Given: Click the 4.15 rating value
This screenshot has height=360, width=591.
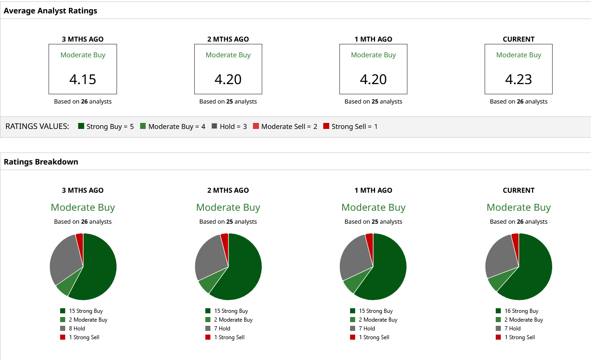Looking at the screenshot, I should click(83, 79).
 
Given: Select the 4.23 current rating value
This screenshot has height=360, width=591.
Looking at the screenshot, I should click(518, 79).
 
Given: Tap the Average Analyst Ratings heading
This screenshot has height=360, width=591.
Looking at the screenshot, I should click(50, 11).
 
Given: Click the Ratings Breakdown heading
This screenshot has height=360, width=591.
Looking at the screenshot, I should click(41, 162).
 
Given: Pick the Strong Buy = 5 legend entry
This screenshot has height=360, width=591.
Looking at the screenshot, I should click(106, 126).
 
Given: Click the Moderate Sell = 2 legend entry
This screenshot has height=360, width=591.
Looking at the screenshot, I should click(285, 126).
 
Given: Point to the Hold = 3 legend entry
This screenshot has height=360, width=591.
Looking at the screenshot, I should click(229, 126).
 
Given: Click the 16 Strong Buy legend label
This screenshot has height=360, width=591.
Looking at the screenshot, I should click(521, 311).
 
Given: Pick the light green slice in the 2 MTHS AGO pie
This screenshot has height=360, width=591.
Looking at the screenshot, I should click(205, 285).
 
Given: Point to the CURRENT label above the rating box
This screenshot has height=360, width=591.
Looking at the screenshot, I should click(518, 39).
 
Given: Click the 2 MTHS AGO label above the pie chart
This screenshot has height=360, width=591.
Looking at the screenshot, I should click(228, 190).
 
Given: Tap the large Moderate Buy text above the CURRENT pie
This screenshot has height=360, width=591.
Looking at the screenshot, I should click(518, 207).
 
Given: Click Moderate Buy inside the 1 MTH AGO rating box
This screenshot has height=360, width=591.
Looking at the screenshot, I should click(373, 55).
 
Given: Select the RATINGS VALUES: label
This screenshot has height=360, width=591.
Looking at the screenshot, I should click(37, 126).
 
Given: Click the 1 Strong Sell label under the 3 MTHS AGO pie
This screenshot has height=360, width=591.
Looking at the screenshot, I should click(84, 337).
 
